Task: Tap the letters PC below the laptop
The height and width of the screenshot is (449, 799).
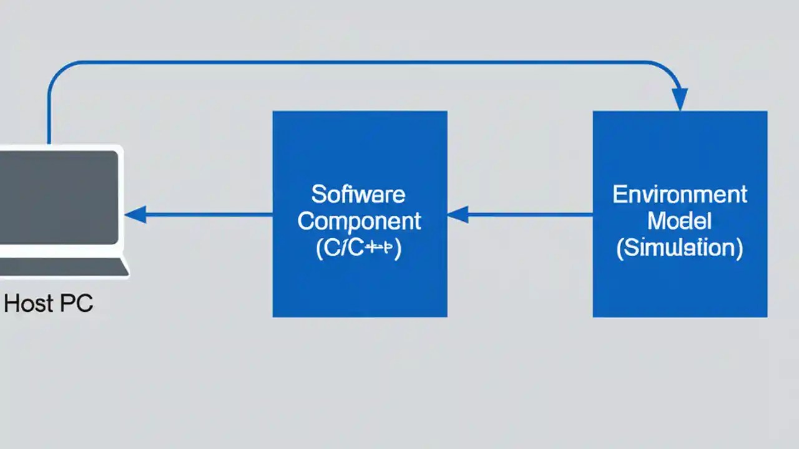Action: click(x=77, y=304)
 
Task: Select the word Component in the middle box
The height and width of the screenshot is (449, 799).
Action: click(x=360, y=221)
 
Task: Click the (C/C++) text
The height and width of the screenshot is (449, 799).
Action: click(x=360, y=248)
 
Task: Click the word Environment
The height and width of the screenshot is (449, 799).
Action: click(x=680, y=195)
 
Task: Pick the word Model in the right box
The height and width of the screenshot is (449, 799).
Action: click(x=680, y=221)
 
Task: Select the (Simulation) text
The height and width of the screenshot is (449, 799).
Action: click(x=680, y=248)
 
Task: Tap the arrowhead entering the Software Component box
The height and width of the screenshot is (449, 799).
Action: click(x=458, y=215)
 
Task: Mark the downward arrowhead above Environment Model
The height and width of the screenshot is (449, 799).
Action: click(x=680, y=100)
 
